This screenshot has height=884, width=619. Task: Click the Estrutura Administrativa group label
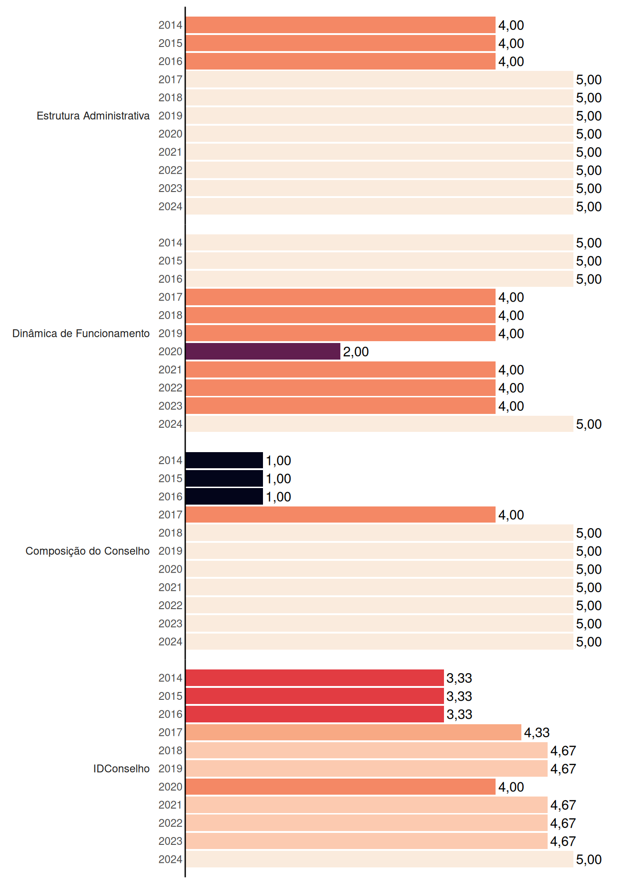tap(93, 116)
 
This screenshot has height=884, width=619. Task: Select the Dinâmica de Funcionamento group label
tap(81, 333)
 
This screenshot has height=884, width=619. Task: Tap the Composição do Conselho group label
tap(88, 551)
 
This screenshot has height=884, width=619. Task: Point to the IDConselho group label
tap(122, 768)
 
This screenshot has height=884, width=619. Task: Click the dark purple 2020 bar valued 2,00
tap(263, 351)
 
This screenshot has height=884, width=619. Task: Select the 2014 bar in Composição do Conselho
tap(224, 460)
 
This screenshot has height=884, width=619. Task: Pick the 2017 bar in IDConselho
tap(353, 732)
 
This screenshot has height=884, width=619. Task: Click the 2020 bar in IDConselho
tap(340, 787)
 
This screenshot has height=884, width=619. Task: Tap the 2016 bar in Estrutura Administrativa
tap(340, 61)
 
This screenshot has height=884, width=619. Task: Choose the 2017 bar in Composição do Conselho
tap(340, 515)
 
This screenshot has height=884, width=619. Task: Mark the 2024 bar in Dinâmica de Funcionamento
tap(380, 424)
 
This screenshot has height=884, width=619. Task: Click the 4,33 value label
tap(537, 733)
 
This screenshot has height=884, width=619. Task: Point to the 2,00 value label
tap(356, 352)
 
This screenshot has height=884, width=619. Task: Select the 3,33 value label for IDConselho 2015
tap(460, 696)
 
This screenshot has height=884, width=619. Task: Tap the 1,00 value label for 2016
tap(279, 497)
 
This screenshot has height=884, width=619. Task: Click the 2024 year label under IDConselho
tap(170, 859)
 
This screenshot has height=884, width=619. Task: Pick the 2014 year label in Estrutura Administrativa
tap(170, 25)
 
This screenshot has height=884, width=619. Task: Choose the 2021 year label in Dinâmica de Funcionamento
tap(170, 370)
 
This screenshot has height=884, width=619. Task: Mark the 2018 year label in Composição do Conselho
tap(170, 533)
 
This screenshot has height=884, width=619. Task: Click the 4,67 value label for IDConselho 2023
tap(563, 841)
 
